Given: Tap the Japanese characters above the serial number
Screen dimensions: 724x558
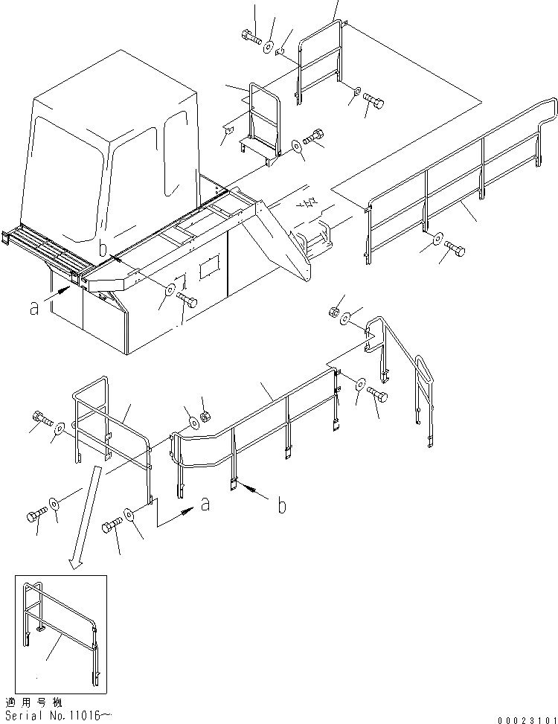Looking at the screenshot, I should [33, 702].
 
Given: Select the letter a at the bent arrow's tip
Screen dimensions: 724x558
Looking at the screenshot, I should [205, 505].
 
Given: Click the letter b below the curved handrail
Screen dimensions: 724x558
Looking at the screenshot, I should [281, 506].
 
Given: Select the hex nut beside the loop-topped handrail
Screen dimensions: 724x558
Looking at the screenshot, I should [335, 311].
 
